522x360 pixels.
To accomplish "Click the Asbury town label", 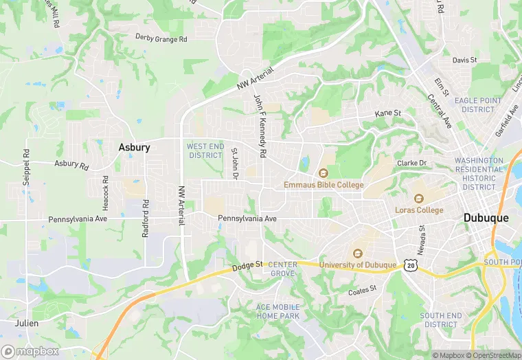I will point(134,147).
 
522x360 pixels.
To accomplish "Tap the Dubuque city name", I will point(486,218).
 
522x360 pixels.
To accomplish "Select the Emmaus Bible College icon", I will point(324,173).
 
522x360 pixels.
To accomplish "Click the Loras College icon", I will point(418,198).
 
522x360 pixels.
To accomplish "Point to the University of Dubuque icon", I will point(356,254).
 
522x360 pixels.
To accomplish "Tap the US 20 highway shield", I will point(410,264).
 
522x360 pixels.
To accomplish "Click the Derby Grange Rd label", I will point(161,38).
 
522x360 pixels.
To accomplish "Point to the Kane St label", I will point(387,113).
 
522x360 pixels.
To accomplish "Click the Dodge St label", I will point(248,265).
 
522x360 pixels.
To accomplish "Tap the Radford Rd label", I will point(145,218).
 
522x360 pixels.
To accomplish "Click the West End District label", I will point(205,150).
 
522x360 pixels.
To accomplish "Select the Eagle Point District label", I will point(478,104).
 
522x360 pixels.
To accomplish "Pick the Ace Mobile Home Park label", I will point(277,311).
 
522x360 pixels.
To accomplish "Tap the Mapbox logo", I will point(30,351).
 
